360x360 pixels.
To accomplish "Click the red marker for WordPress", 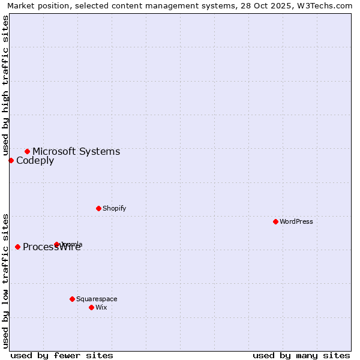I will pyautogui.click(x=275, y=221).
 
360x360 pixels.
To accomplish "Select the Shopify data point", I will pyautogui.click(x=98, y=208).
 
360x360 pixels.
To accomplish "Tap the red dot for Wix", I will pyautogui.click(x=91, y=307).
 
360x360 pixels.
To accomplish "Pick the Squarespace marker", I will pyautogui.click(x=72, y=299).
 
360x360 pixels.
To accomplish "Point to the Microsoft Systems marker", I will pyautogui.click(x=27, y=151).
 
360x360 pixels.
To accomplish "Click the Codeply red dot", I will pyautogui.click(x=11, y=160).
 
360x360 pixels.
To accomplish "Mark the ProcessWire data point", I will pyautogui.click(x=17, y=247).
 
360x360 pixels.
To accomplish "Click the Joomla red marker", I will pyautogui.click(x=57, y=244).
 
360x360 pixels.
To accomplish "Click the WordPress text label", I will pyautogui.click(x=296, y=221).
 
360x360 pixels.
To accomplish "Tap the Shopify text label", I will pyautogui.click(x=114, y=208).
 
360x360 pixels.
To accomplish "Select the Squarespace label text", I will pyautogui.click(x=97, y=299).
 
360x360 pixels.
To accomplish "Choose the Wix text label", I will pyautogui.click(x=101, y=307).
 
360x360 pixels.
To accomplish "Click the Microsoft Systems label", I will pyautogui.click(x=76, y=151).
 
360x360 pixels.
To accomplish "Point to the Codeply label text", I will pyautogui.click(x=35, y=160).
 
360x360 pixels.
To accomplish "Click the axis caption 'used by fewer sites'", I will pyautogui.click(x=62, y=355).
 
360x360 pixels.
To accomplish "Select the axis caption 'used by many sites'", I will pyautogui.click(x=301, y=355).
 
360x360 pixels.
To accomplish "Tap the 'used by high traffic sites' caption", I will pyautogui.click(x=6, y=85).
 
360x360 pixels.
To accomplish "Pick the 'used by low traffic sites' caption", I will pyautogui.click(x=6, y=281).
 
